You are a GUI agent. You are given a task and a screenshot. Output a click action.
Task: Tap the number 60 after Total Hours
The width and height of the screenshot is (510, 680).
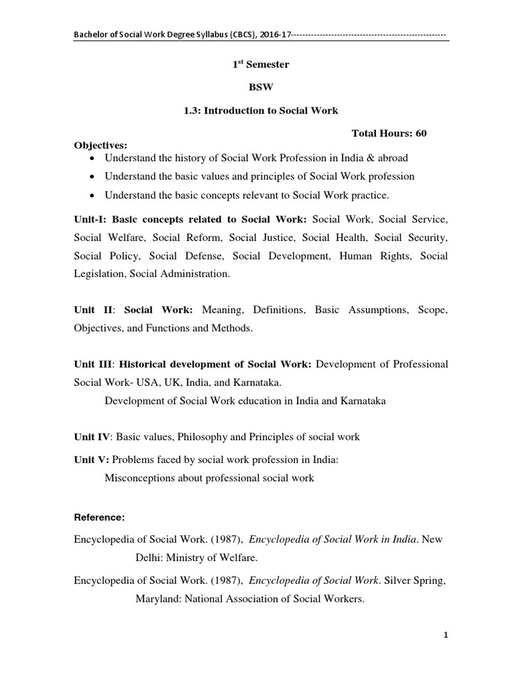tap(420, 133)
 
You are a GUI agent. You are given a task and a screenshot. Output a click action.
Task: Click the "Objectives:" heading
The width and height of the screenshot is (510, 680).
tap(100, 145)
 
